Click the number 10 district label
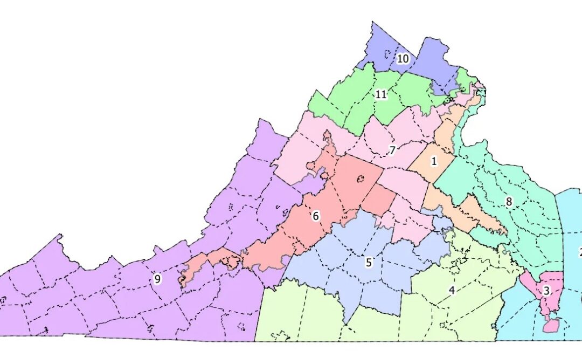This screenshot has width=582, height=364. click(x=403, y=59)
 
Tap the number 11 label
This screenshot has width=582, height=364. click(x=381, y=95)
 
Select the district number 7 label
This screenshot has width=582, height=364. click(x=392, y=150)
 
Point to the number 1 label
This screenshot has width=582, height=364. click(x=433, y=161)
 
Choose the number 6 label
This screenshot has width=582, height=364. click(x=316, y=216)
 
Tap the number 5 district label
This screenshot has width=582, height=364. click(x=369, y=263)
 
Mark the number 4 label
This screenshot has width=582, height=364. click(x=452, y=291)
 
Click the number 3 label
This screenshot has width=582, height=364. click(x=546, y=292)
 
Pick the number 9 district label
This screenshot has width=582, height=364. click(x=157, y=279)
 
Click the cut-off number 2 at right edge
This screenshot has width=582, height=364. click(x=580, y=252)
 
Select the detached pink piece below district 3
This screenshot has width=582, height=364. click(x=550, y=325)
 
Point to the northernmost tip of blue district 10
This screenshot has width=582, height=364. click(x=372, y=23)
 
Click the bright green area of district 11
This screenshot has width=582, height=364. click(x=356, y=108)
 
